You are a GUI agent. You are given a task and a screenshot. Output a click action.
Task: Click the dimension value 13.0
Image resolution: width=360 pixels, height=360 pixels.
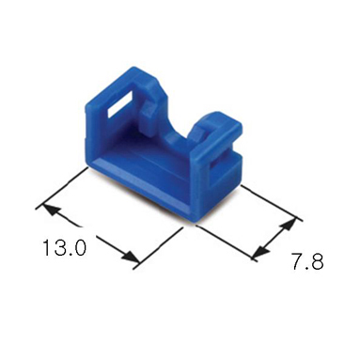[64, 248]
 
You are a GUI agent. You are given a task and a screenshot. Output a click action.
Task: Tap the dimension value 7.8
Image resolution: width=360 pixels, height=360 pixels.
[307, 261]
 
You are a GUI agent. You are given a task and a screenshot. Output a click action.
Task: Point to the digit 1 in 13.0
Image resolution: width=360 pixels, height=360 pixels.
[46, 248]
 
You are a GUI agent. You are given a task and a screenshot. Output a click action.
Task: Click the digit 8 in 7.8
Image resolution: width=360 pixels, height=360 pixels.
[317, 261]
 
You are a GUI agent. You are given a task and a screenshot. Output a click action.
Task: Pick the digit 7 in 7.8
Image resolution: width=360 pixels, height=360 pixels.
[298, 261]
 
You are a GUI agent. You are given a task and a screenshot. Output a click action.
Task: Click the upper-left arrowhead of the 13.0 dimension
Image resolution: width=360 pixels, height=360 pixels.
[52, 211]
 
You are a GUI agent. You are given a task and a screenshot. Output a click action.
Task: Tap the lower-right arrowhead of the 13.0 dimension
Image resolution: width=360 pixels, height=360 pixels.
[130, 257]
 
